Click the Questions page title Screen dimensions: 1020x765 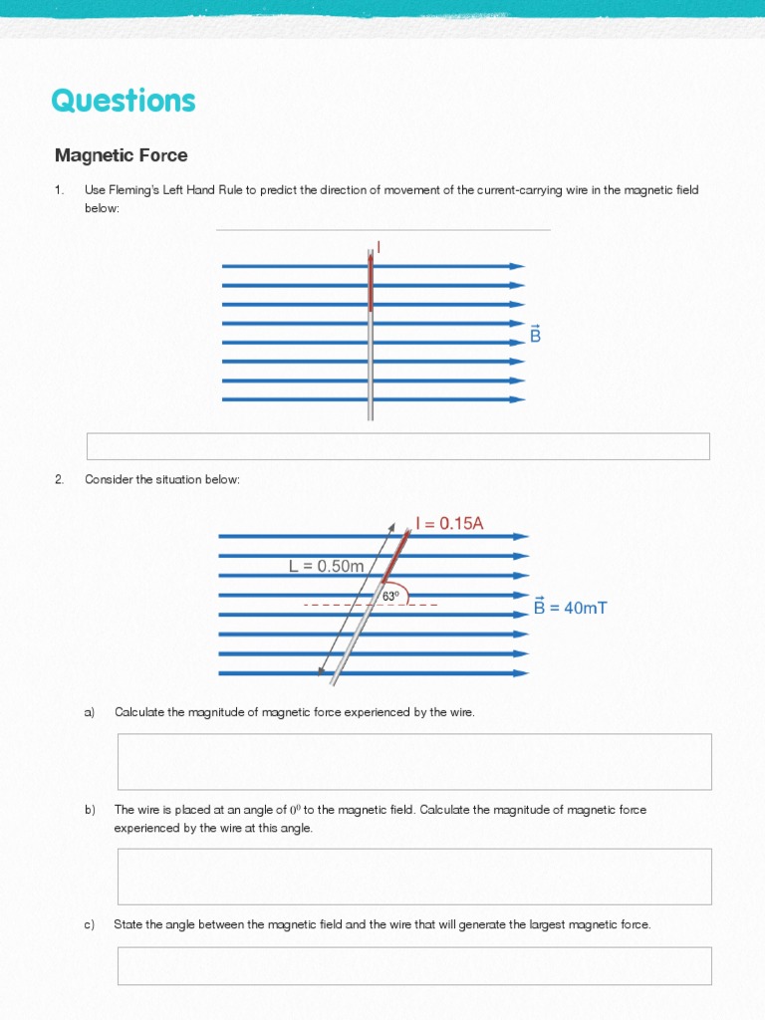coord(124,101)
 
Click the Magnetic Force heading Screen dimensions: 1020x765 coord(121,155)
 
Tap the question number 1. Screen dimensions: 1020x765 coord(59,190)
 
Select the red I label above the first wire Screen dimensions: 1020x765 coord(379,246)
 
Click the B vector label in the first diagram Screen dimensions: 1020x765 coord(535,334)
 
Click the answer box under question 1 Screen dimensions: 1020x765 coord(398,446)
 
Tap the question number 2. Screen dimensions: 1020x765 coord(60,480)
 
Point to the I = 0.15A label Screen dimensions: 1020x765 coord(449,524)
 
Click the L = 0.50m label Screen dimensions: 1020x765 coord(327,566)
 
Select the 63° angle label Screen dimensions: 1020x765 coord(390,596)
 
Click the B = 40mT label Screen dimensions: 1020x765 coord(570,607)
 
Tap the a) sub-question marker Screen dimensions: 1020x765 coord(90,712)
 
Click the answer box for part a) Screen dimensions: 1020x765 coord(414,761)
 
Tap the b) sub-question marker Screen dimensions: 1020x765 coord(90,810)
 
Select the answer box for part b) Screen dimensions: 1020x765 coord(414,876)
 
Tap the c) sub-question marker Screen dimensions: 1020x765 coord(90,925)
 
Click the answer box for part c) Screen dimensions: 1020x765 coord(414,965)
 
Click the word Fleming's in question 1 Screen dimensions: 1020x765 coord(132,190)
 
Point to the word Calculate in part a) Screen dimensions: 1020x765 coord(139,712)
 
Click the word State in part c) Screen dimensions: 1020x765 coord(127,925)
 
